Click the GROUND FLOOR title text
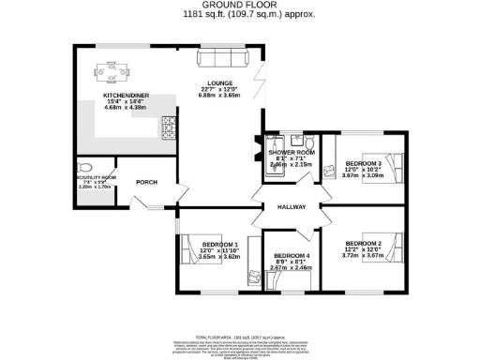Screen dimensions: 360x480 [240, 7]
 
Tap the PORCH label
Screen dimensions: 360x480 [146, 182]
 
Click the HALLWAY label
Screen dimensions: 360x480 [292, 209]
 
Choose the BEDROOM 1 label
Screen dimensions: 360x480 [220, 245]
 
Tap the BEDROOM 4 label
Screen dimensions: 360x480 [290, 256]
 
